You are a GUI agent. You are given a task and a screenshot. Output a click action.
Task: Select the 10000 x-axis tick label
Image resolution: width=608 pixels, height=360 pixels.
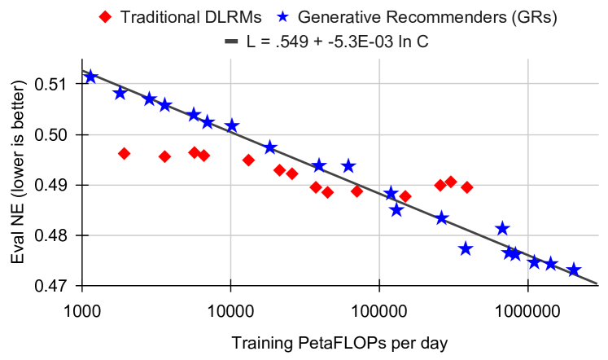click(x=230, y=311)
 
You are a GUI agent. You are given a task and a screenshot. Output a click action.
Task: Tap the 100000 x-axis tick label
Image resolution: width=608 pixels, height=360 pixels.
click(x=379, y=311)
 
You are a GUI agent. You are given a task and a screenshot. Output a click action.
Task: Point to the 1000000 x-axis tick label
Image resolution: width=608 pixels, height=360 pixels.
click(x=527, y=311)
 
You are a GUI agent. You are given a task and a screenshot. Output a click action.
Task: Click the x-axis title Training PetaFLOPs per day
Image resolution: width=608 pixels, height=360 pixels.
click(x=339, y=344)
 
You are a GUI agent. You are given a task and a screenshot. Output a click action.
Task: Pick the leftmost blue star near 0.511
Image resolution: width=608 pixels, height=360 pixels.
click(x=91, y=77)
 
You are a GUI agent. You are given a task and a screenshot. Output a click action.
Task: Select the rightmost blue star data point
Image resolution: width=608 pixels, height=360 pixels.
click(x=574, y=270)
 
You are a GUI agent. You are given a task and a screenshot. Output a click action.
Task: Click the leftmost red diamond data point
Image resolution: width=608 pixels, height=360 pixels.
click(x=124, y=153)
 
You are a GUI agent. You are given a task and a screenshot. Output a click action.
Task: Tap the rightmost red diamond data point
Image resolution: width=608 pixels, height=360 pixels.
click(x=467, y=187)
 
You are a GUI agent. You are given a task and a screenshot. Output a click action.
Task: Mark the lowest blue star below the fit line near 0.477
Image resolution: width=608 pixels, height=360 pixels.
click(x=466, y=248)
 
